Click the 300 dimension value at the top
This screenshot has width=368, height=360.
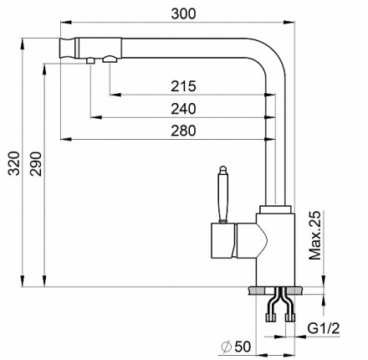tap(183, 13)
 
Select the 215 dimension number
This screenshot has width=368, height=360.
tap(183, 86)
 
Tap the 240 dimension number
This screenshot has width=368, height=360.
tap(183, 109)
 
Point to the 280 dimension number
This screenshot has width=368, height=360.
tap(183, 131)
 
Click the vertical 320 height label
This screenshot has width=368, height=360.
tap(13, 163)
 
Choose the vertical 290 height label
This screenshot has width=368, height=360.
tap(36, 163)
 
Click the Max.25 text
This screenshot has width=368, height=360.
tap(315, 235)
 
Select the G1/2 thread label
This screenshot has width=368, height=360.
tap(324, 328)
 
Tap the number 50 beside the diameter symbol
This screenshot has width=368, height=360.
tap(243, 347)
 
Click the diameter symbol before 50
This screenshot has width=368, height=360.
tap(227, 347)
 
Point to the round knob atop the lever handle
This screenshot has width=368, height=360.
tap(222, 169)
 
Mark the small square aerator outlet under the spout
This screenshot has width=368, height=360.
tap(90, 60)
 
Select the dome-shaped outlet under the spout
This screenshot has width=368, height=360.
tap(110, 59)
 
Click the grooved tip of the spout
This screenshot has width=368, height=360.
tap(68, 48)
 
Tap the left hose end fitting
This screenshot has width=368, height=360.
tap(270, 317)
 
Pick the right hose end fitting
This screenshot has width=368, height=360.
tap(289, 317)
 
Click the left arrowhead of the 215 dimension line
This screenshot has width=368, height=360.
tap(115, 95)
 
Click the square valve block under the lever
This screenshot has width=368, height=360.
tap(222, 240)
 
